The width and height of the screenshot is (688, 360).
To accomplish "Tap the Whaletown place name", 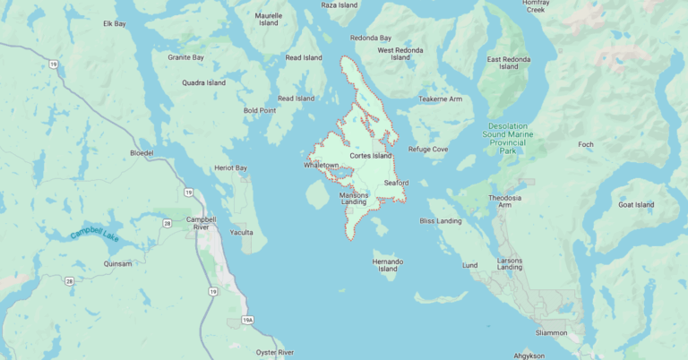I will click(x=322, y=166).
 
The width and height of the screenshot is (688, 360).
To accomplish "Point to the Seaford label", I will click(x=396, y=183).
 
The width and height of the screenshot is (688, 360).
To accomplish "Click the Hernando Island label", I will click(x=387, y=264).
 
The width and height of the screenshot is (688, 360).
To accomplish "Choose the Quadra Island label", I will click(x=203, y=83).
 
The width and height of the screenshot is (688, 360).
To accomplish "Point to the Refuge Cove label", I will click(x=428, y=150).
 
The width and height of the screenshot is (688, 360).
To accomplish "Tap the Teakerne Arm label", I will click(x=441, y=99).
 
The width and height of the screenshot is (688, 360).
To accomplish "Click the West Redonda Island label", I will click(x=400, y=54).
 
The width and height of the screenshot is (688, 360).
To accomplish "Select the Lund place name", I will click(x=469, y=265).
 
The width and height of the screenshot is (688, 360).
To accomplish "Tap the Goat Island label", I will click(x=636, y=205).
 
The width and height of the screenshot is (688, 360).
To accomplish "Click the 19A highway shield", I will click(x=247, y=320).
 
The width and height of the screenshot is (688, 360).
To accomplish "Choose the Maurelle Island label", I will click(x=269, y=20).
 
